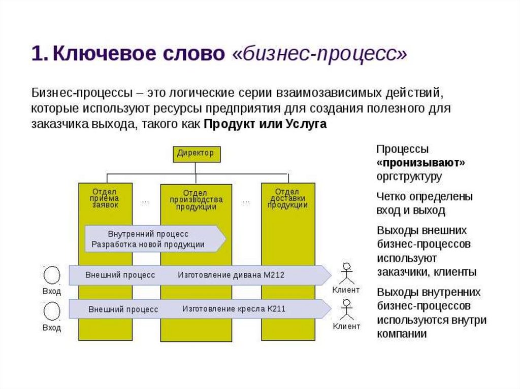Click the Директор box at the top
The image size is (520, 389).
tap(196, 153)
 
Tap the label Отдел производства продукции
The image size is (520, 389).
tap(196, 200)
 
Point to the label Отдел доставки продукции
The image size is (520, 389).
tap(287, 198)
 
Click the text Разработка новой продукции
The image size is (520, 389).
tap(148, 244)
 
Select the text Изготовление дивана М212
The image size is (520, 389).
tap(231, 275)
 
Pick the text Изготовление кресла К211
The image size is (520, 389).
tap(234, 308)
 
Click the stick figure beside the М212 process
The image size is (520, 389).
tap(347, 274)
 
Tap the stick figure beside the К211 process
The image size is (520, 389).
tap(347, 308)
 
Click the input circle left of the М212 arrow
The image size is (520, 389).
tap(52, 275)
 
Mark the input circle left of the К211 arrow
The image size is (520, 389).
tap(52, 310)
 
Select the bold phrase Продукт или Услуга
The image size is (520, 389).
tap(265, 125)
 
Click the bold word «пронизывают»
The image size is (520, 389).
tap(421, 163)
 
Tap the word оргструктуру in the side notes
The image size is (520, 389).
tap(409, 176)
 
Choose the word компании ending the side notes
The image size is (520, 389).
tap(402, 334)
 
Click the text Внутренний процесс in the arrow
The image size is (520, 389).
tap(148, 234)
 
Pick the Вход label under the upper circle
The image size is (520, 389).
tap(52, 292)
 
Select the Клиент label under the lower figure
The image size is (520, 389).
tap(347, 326)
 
